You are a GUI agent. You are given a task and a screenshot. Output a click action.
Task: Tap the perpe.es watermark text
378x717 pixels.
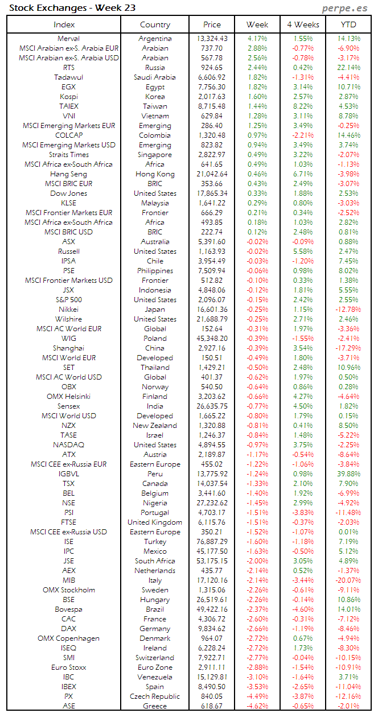[346, 7]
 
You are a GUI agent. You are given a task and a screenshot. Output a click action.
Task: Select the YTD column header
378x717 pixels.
[348, 24]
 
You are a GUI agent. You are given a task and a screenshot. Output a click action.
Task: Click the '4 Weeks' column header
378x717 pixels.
[303, 24]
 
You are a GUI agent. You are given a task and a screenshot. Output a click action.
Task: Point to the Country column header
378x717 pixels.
[155, 24]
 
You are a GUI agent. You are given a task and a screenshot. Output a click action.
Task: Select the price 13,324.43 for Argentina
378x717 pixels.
[212, 39]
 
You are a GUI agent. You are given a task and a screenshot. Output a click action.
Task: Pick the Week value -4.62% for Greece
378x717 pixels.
[257, 706]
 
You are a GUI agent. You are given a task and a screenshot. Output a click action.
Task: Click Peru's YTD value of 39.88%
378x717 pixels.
[348, 474]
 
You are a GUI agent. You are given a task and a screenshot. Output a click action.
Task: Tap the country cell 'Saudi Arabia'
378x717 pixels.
[155, 77]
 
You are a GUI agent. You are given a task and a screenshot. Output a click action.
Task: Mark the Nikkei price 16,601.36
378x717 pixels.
[212, 310]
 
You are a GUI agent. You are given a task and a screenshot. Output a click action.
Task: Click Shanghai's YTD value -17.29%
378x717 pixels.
[348, 348]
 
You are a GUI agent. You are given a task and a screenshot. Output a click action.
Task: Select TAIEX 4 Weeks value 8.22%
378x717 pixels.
[303, 106]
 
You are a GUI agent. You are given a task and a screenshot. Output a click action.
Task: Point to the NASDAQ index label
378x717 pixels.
[68, 445]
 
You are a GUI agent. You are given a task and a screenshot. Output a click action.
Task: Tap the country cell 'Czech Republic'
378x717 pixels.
[155, 697]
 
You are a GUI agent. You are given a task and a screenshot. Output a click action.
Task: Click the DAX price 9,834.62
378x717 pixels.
[212, 629]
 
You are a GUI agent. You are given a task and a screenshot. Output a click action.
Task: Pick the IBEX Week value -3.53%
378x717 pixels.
[257, 687]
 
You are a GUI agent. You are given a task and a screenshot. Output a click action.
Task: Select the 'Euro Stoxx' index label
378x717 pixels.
[68, 667]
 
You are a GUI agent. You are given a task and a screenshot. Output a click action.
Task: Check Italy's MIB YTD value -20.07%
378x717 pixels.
[348, 580]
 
